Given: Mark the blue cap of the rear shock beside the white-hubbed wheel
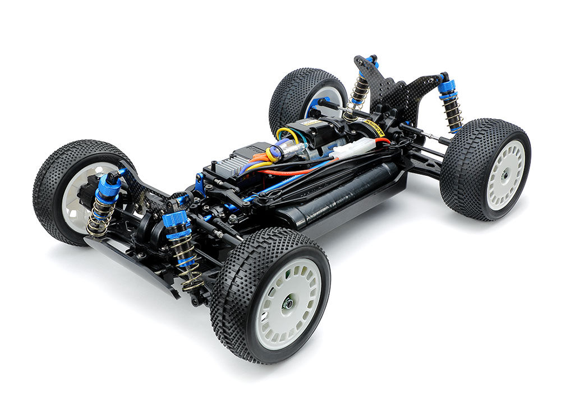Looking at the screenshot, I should pos(447,87).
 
